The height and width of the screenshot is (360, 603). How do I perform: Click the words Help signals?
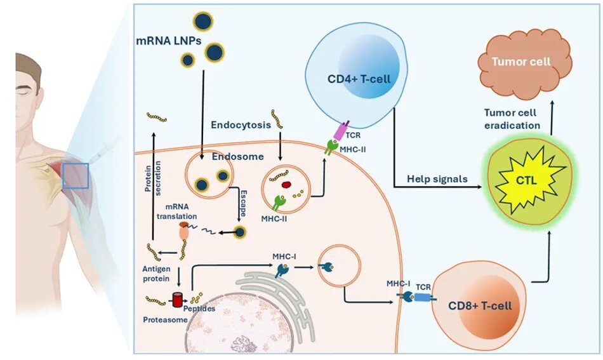click(x=437, y=179)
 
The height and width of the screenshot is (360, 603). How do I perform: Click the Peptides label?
click(x=200, y=309)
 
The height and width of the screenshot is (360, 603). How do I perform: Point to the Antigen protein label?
click(x=152, y=272)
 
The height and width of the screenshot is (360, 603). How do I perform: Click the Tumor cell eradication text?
click(x=512, y=119)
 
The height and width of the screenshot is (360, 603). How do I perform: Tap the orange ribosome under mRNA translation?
click(x=184, y=232)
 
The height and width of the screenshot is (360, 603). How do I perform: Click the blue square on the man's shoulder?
click(x=75, y=175)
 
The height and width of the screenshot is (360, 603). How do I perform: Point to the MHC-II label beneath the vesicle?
click(x=272, y=218)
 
